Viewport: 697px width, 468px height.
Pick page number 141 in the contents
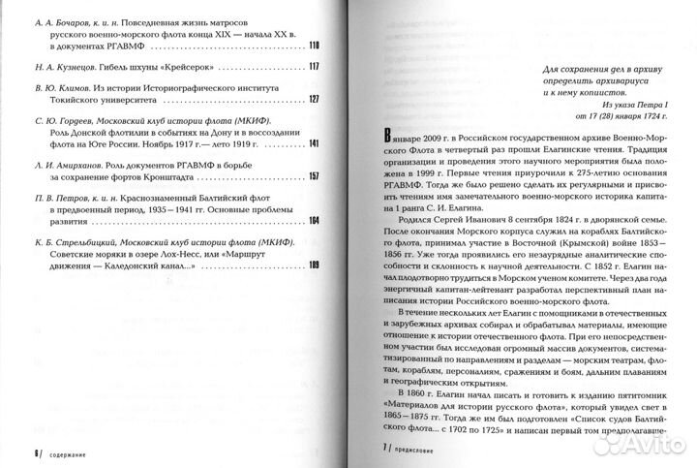314,144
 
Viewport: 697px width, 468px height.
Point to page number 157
314,178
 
